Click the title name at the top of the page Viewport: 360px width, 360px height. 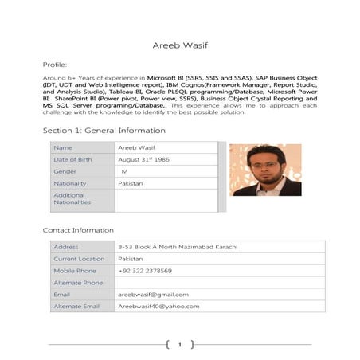click(x=179, y=45)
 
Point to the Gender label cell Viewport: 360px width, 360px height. click(x=65, y=171)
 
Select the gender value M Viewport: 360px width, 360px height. click(x=124, y=171)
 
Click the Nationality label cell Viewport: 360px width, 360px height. click(x=70, y=183)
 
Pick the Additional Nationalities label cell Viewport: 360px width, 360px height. click(x=72, y=198)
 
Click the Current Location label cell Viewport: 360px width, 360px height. click(x=79, y=259)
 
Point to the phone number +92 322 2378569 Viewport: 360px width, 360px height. click(x=144, y=271)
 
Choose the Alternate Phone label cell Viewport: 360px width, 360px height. click(x=77, y=283)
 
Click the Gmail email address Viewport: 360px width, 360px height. click(x=153, y=295)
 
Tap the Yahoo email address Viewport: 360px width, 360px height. click(x=158, y=307)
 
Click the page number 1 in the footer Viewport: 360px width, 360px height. click(x=180, y=345)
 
